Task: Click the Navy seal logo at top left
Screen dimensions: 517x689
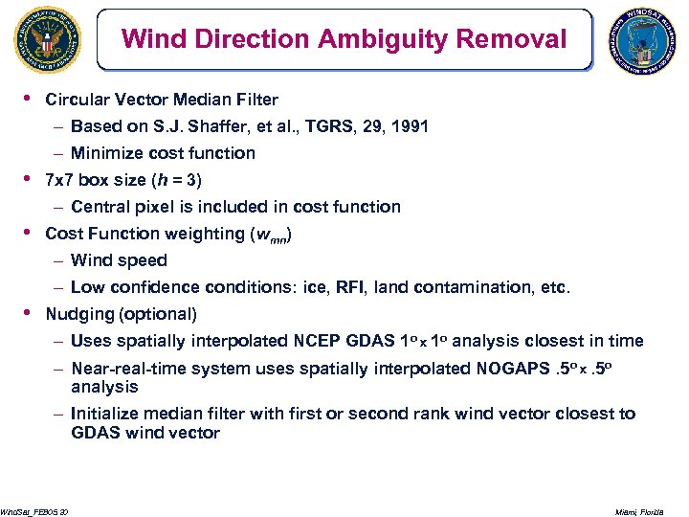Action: [x=47, y=40]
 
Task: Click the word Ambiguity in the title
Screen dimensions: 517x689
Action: [x=371, y=39]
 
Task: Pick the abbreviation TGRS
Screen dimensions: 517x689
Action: [x=325, y=126]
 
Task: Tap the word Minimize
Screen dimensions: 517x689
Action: [x=107, y=153]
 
